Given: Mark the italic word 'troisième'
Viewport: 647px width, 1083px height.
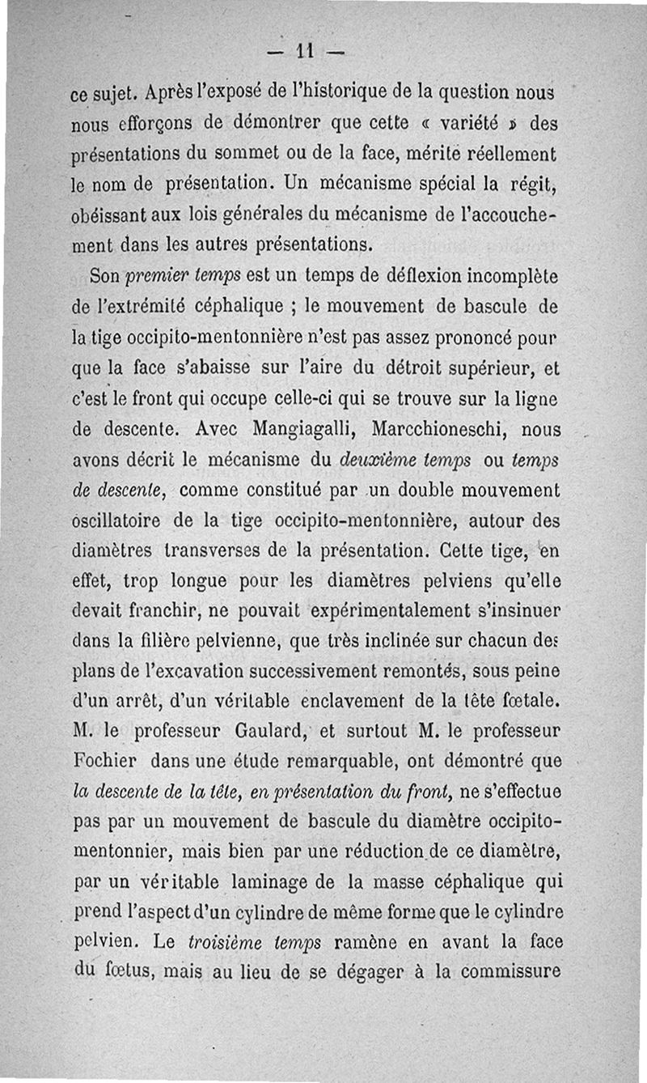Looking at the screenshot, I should [211, 943].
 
